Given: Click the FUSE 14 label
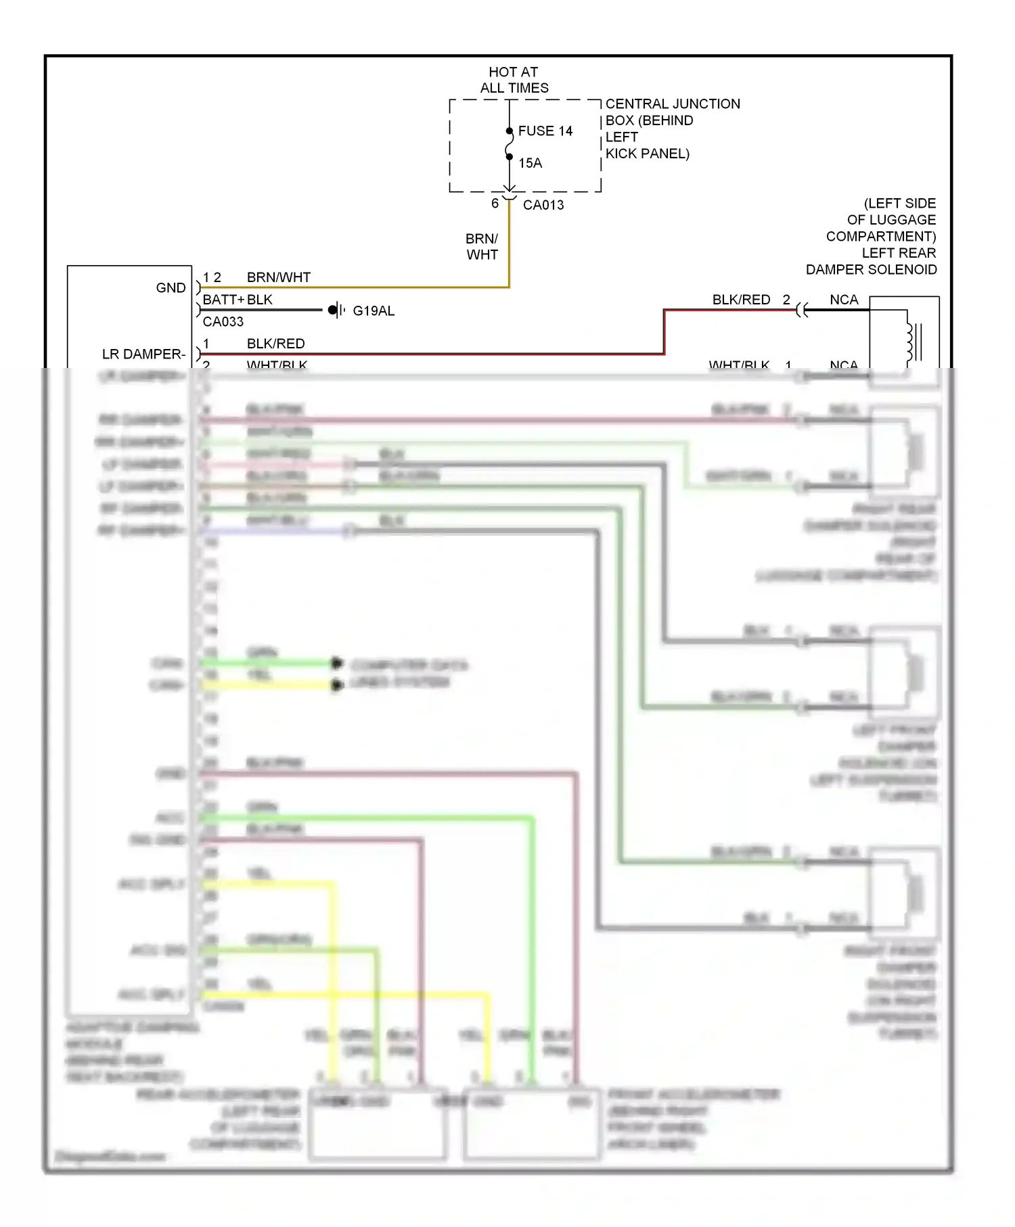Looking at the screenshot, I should (x=545, y=131).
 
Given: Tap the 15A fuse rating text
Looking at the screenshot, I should (x=530, y=163).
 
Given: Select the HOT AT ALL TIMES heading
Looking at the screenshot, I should (x=514, y=80).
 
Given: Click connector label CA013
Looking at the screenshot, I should (x=543, y=205).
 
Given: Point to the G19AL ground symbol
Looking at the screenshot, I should (x=336, y=310).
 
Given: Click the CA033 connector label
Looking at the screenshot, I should (x=223, y=321).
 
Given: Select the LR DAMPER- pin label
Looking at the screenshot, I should (x=143, y=354).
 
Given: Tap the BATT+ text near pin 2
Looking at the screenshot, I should (x=223, y=300).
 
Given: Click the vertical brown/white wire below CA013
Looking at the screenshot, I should (x=509, y=244).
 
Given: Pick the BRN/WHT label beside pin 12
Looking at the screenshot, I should (x=278, y=277).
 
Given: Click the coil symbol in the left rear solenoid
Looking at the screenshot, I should (x=911, y=342).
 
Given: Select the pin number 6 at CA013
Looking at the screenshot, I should (x=495, y=203).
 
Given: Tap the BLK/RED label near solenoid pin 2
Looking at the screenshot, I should (x=741, y=300).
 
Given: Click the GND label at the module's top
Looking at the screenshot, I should (x=171, y=287).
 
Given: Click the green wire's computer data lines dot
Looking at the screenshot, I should (x=336, y=663).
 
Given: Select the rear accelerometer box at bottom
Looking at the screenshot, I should (x=378, y=1124).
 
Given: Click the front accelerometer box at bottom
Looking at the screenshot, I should (x=532, y=1124).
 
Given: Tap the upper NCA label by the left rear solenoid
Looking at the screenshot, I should (x=844, y=300).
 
